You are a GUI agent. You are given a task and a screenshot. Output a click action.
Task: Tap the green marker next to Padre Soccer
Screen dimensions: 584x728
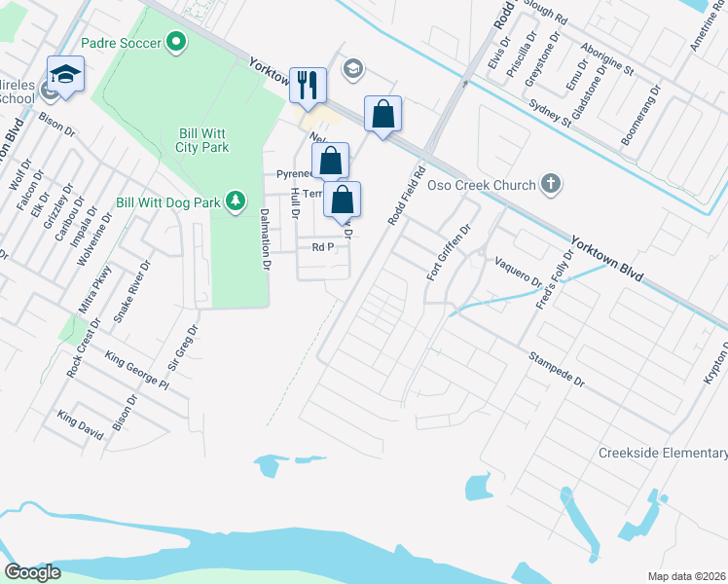click(x=176, y=42)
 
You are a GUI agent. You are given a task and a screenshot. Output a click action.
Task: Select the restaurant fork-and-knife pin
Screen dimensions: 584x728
click(x=308, y=85)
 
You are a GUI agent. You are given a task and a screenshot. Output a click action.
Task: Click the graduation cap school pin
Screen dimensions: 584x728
click(x=66, y=75)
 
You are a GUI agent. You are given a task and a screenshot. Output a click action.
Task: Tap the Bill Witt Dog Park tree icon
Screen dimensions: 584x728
click(x=235, y=201)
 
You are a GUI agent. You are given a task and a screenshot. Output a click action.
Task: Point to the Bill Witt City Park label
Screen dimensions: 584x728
click(x=203, y=140)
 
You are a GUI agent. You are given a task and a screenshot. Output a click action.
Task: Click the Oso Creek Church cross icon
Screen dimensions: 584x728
click(x=551, y=184)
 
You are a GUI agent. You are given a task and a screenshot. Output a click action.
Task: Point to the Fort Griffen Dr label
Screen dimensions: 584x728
click(x=448, y=253)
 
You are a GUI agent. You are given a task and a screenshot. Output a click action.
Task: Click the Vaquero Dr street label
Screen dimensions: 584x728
click(x=518, y=271)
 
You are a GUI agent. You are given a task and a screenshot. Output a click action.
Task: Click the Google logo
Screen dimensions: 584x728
click(x=32, y=572)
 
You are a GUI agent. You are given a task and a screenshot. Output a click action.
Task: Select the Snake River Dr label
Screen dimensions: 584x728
click(x=132, y=291)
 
